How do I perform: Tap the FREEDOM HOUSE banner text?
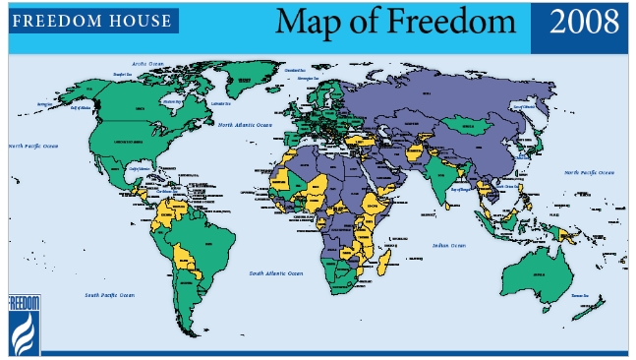[x=91, y=20]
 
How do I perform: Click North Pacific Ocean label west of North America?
[x=34, y=147]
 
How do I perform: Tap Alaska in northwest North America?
[x=66, y=98]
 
